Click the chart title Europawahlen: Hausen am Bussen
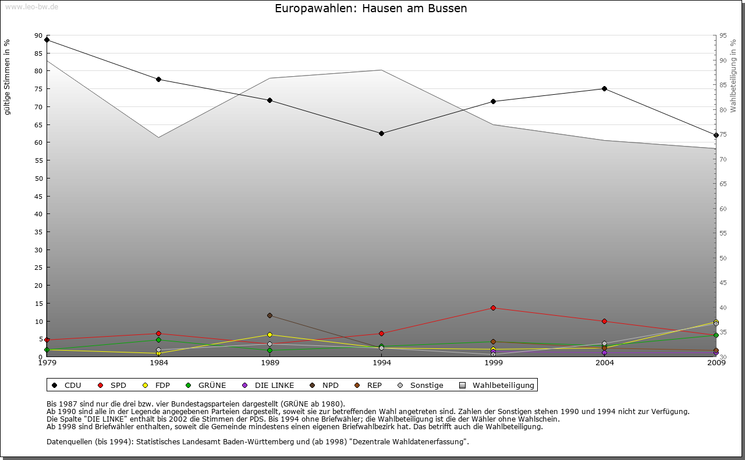coord(371,9)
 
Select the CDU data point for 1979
coord(47,40)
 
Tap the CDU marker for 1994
coord(381,133)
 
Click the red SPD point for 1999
coord(493,308)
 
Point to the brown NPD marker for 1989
coord(269,315)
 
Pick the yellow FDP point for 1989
coord(269,334)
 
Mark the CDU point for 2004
coord(604,88)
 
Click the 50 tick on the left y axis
coord(38,179)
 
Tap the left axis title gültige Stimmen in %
coord(8,77)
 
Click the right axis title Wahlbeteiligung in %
coord(733,76)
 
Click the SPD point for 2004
coord(604,321)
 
